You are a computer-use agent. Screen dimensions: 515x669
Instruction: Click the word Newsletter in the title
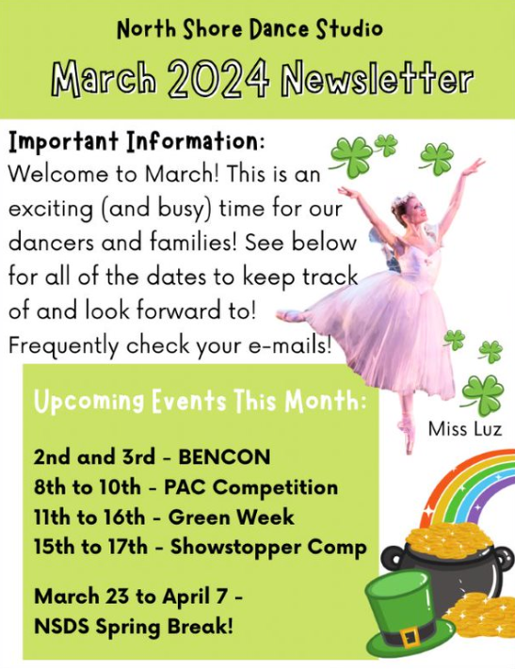(378, 78)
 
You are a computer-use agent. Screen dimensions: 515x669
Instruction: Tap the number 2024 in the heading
(218, 78)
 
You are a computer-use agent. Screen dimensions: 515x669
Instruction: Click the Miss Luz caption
(465, 429)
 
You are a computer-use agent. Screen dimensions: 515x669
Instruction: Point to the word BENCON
(224, 457)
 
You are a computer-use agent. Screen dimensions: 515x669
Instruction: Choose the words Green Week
(231, 518)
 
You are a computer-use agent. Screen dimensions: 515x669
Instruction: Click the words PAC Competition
(251, 487)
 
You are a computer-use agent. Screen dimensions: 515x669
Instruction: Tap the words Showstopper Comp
(268, 548)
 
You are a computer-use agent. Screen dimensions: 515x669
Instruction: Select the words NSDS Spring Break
(134, 627)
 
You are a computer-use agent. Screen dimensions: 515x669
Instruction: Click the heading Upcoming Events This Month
(200, 402)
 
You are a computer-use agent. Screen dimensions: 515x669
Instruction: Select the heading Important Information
(137, 142)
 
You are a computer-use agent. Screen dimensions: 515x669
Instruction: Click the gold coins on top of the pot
(449, 539)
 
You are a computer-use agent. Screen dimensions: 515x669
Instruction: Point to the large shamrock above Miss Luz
(483, 394)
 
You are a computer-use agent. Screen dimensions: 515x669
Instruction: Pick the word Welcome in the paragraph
(58, 174)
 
